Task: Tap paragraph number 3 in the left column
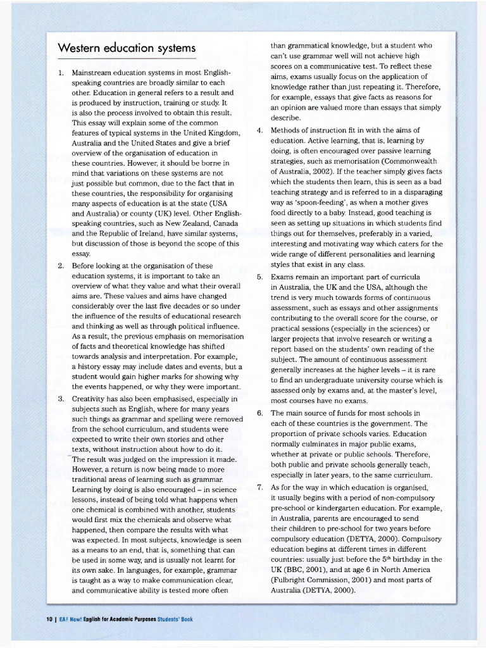[61, 399]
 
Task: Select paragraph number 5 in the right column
[259, 277]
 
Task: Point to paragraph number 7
[259, 487]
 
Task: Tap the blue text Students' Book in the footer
[175, 620]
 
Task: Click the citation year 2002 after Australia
[333, 171]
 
